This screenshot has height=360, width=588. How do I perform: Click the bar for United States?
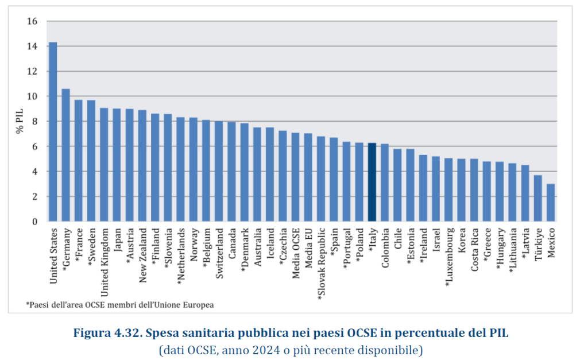click(x=53, y=132)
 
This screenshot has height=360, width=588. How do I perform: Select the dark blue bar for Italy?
click(x=372, y=182)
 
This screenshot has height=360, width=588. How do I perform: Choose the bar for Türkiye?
click(x=538, y=198)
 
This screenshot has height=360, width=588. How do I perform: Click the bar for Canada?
click(x=231, y=172)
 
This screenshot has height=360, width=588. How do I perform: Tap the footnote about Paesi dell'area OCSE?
click(x=120, y=305)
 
